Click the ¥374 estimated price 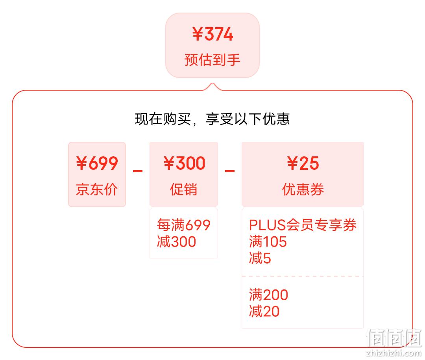click(x=213, y=34)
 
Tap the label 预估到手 click(x=213, y=60)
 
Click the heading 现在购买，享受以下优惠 click(x=213, y=119)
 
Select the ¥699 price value click(x=97, y=163)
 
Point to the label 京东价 click(x=97, y=189)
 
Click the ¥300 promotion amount click(x=184, y=163)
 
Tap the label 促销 click(x=183, y=189)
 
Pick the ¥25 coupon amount click(x=303, y=163)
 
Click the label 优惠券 click(x=303, y=189)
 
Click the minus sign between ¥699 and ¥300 click(x=138, y=171)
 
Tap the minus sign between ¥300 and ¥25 click(x=230, y=171)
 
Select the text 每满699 click(x=183, y=225)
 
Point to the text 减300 click(x=176, y=241)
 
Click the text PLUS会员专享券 click(x=303, y=225)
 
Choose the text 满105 click(x=268, y=241)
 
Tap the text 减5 click(x=260, y=258)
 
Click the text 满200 click(x=269, y=295)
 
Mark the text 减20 click(x=264, y=311)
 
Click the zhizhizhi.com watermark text click(x=394, y=353)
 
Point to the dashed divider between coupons click(x=303, y=276)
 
